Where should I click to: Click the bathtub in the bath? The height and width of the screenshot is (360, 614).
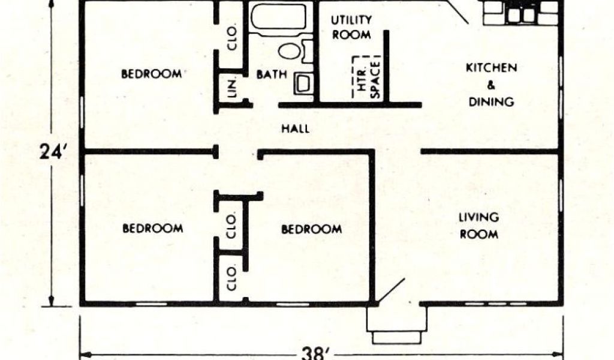(278, 17)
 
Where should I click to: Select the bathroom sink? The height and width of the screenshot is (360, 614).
(303, 83)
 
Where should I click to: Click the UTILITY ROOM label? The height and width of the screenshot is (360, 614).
(351, 27)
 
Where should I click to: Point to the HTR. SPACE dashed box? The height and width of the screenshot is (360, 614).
(366, 77)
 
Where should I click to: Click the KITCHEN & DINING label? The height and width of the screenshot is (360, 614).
(491, 85)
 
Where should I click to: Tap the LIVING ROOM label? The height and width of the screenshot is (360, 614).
(478, 226)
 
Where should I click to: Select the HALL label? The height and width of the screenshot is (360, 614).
(295, 128)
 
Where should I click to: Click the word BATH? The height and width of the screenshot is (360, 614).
(272, 74)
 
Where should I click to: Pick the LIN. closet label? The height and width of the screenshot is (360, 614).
(231, 87)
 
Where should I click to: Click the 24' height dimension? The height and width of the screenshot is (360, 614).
(51, 152)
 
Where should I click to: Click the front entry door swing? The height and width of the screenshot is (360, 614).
(391, 290)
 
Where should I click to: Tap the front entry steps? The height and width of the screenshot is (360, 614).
(397, 325)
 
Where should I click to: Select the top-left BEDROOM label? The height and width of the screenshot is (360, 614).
(151, 74)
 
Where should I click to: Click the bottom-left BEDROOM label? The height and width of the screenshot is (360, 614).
(152, 228)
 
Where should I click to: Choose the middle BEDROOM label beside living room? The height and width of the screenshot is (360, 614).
(311, 229)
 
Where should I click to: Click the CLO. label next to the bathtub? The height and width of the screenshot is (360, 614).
(232, 38)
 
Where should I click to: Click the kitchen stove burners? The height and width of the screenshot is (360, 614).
(521, 15)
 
